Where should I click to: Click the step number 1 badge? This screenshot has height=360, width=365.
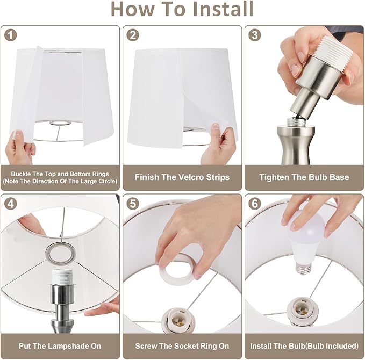point(10,35)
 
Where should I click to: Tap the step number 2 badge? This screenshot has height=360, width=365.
point(133,35)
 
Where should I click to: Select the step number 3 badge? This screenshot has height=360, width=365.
point(255,35)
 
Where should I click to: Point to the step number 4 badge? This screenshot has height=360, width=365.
point(10,204)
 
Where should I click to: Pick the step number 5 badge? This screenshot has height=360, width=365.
point(133,204)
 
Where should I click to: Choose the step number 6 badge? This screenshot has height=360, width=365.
point(255,204)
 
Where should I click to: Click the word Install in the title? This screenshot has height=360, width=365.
point(223,9)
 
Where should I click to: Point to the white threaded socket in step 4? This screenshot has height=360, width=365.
point(62,277)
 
